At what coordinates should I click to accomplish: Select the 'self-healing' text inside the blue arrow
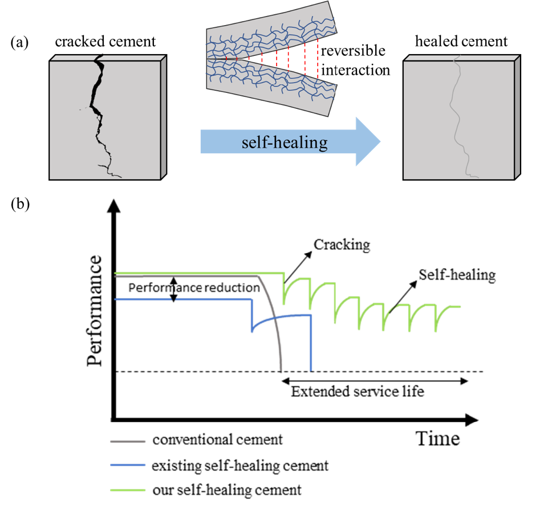283,143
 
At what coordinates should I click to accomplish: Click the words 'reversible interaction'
355,61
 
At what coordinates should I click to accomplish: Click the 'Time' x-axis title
437,439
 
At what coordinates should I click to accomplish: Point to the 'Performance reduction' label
193,288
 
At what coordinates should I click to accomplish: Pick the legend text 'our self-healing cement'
226,490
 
